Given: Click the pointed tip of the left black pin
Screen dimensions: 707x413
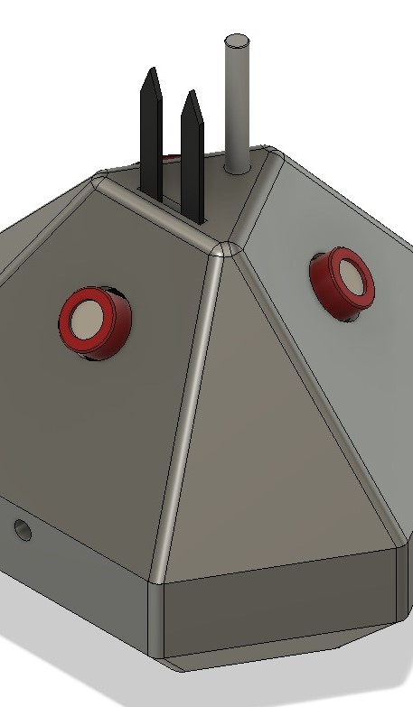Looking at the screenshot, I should pos(154,71).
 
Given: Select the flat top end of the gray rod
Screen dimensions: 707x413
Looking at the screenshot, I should pos(237,42).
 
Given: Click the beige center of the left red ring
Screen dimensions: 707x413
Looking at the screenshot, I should pos(88,319).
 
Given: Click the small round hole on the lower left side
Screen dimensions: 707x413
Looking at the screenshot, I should pos(23,529).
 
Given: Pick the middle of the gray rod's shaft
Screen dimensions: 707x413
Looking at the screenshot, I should pos(237,104).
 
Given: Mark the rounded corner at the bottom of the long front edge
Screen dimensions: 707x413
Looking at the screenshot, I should pos(158,578).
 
